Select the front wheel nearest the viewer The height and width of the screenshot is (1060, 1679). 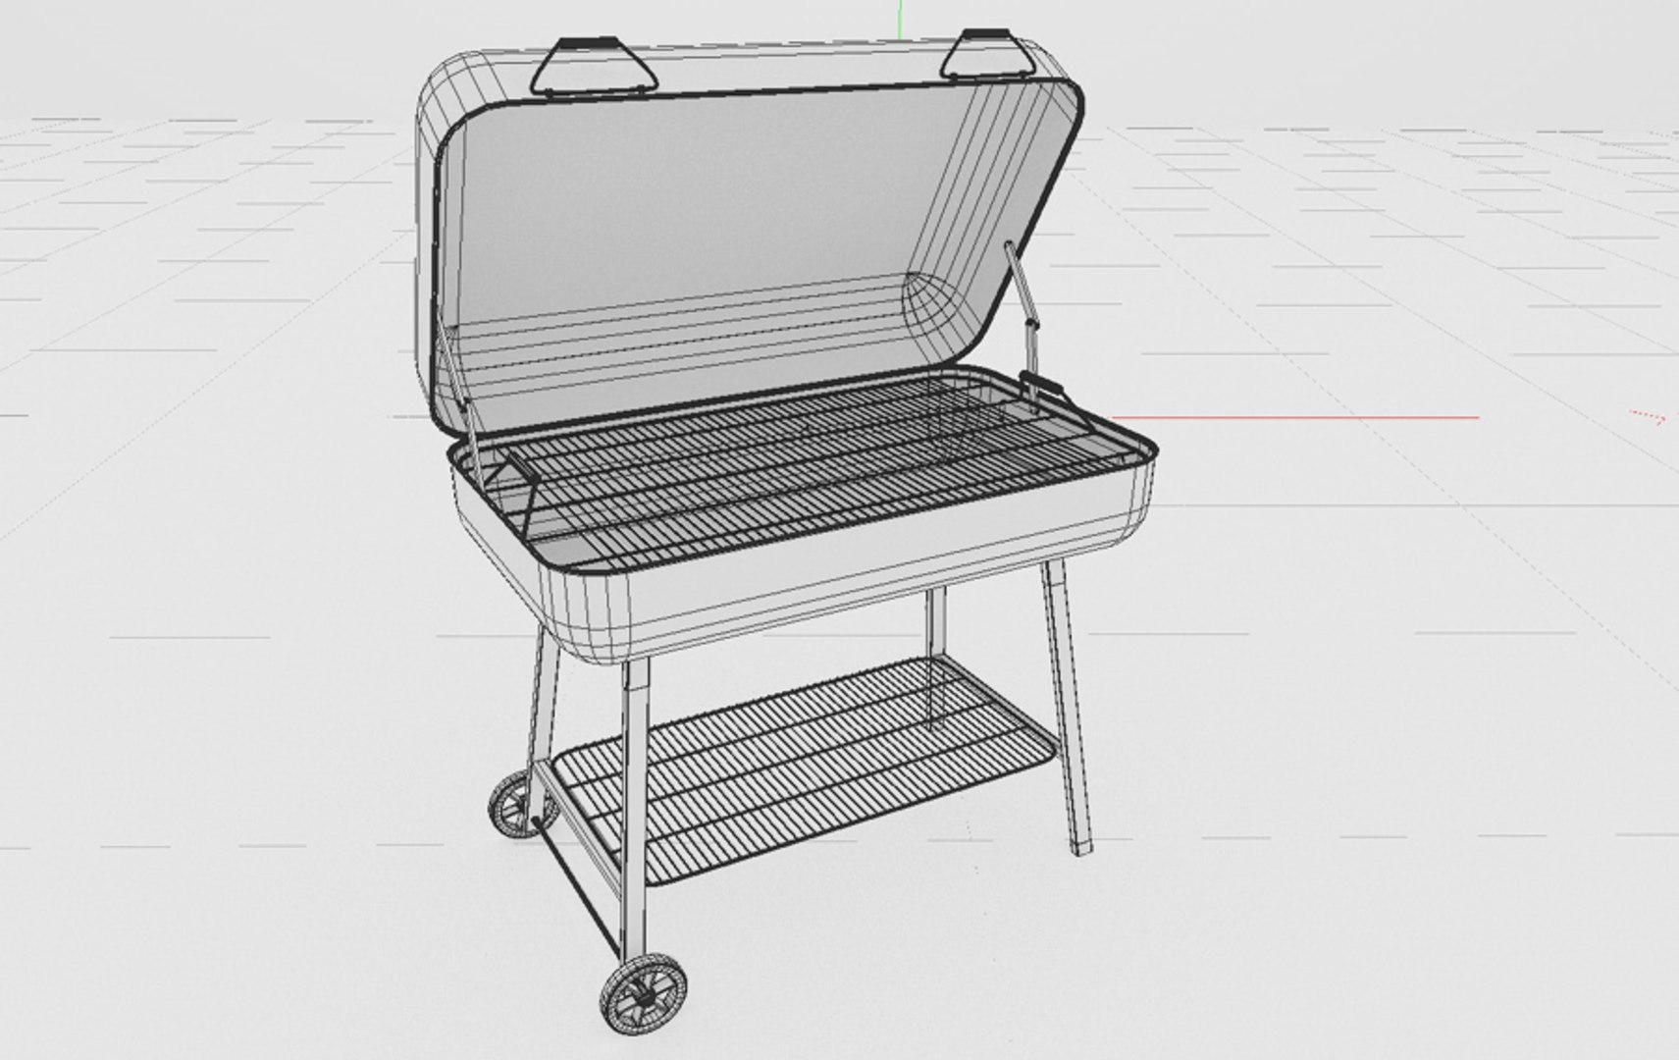point(643,993)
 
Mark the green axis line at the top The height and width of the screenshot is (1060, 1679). point(899,12)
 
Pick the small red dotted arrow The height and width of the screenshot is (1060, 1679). point(1649,417)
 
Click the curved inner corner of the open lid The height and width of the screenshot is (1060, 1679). point(932,304)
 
